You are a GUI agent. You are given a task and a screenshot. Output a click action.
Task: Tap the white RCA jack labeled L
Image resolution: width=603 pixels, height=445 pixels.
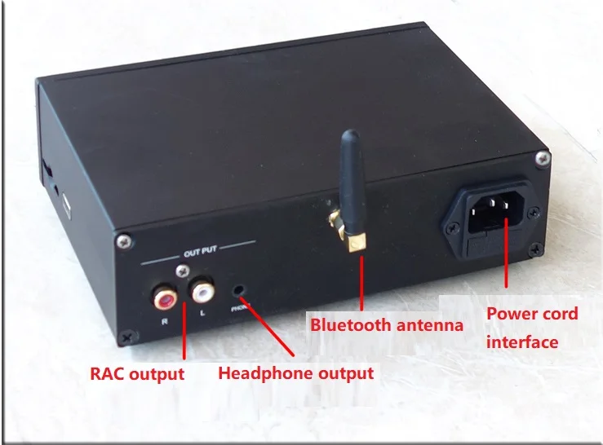[202, 291]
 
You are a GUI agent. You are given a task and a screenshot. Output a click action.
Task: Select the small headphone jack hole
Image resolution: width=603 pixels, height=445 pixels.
[239, 290]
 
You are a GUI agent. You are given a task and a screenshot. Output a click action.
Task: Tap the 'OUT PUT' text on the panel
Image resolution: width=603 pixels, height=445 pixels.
[200, 252]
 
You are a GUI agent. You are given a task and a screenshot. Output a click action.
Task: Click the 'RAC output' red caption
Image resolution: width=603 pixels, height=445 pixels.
[137, 374]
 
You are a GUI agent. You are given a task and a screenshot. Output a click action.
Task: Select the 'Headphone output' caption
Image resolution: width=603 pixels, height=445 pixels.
[296, 373]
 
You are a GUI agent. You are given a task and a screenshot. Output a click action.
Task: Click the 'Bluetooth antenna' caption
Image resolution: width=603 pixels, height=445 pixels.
[387, 324]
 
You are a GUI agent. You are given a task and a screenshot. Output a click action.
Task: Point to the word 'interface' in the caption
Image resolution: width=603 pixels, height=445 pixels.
[522, 342]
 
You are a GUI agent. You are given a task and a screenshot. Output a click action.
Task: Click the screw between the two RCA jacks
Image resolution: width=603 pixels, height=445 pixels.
[183, 271]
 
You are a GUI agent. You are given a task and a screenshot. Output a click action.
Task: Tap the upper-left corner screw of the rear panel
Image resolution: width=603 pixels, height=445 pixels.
[124, 242]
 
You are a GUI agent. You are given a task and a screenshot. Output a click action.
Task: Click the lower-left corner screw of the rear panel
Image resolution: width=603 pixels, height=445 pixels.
[127, 337]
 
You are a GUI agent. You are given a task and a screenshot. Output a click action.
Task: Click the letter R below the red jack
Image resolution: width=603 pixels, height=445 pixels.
[165, 321]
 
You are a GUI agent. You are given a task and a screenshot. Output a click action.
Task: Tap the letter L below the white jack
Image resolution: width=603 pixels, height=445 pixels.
[202, 313]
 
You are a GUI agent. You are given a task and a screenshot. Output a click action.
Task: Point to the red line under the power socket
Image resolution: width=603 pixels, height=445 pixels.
[506, 253]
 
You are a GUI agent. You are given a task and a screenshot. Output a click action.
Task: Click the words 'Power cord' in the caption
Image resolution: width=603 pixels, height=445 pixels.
[532, 314]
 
